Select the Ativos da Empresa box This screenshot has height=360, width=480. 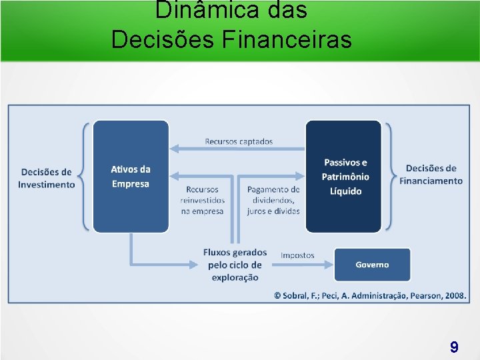[x=131, y=177]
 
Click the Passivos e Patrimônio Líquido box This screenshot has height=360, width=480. [x=344, y=177]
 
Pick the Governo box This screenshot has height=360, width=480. [x=371, y=265]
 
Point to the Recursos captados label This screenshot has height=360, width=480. [x=239, y=141]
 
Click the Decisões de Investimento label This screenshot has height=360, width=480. [x=47, y=178]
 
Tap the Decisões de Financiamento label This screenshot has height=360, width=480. [x=431, y=175]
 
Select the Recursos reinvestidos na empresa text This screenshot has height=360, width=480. [x=202, y=200]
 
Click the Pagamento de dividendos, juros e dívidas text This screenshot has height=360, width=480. [x=273, y=200]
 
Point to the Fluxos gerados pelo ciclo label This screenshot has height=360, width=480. [x=235, y=265]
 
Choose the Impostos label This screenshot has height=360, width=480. [x=297, y=255]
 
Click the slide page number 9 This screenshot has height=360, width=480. [x=454, y=347]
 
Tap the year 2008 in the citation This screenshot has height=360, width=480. [x=455, y=295]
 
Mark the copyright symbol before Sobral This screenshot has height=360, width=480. [x=278, y=295]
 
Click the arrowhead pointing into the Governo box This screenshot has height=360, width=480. [x=329, y=265]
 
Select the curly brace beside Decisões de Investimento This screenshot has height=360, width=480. [x=85, y=177]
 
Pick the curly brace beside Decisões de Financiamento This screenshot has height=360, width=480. [x=390, y=177]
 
